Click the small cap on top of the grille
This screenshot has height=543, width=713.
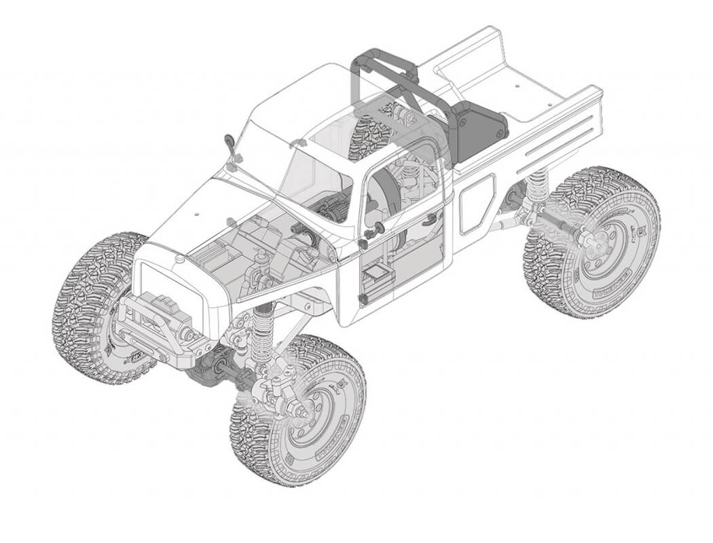point(179,259)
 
